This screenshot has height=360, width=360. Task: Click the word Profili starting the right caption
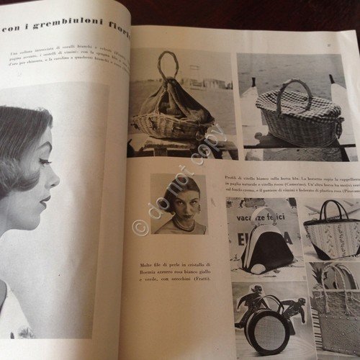tap(234, 177)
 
